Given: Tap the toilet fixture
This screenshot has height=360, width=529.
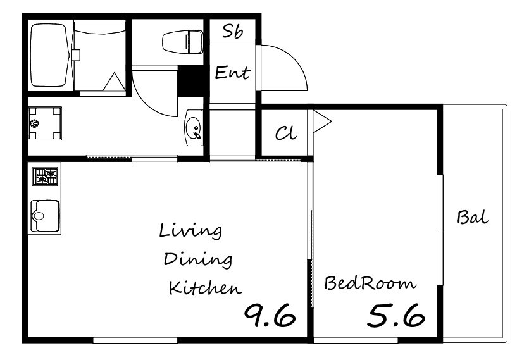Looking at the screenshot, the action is (183, 42).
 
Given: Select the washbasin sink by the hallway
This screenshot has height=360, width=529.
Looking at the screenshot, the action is (194, 128).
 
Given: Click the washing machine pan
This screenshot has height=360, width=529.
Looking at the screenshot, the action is (45, 123).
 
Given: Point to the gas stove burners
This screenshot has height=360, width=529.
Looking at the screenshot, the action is (45, 177).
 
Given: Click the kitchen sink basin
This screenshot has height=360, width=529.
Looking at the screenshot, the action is (45, 216).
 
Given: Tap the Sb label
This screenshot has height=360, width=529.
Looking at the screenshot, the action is (232, 32).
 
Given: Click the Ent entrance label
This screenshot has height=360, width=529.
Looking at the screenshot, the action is (232, 73).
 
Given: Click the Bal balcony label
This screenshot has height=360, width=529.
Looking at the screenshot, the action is (473, 217).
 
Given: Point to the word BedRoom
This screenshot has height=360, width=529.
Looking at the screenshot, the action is (370, 283).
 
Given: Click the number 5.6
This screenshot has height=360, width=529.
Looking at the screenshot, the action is (395, 316).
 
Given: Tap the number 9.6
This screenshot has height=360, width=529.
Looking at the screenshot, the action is (270, 316).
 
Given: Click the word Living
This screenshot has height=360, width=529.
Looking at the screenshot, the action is (190, 232).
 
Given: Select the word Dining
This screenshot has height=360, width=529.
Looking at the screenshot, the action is (198, 260).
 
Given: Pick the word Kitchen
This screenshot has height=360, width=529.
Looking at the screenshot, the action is (205, 287).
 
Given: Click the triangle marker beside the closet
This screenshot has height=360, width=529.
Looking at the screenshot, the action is (321, 121).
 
